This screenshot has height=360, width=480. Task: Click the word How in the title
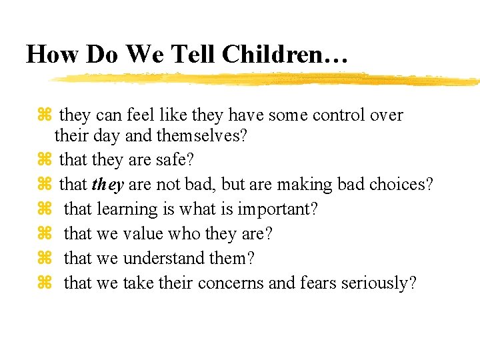53,54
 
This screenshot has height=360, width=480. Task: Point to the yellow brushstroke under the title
267,79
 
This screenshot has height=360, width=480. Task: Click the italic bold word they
107,185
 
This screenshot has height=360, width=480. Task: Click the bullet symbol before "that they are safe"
45,160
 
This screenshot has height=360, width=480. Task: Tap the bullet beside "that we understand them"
45,258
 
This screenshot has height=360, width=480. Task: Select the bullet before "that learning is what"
45,209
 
